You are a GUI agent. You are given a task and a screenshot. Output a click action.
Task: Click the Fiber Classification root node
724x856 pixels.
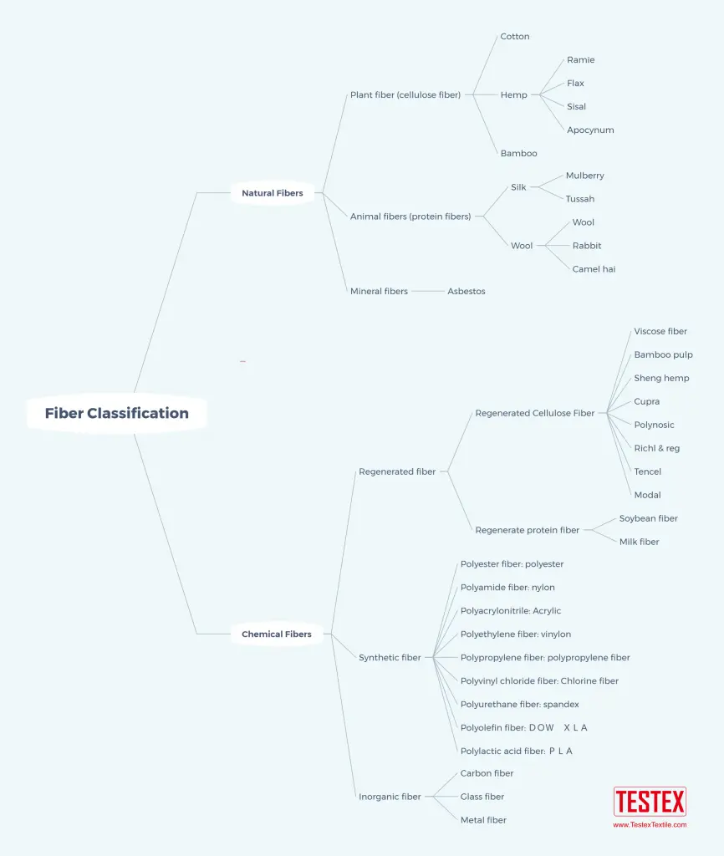point(117,413)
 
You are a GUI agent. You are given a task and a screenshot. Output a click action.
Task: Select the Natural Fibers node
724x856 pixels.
point(273,193)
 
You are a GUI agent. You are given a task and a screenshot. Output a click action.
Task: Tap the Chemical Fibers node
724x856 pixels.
point(277,634)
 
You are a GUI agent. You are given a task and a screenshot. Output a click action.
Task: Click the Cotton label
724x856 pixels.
point(515,37)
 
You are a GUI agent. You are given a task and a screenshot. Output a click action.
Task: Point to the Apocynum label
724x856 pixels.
point(590,130)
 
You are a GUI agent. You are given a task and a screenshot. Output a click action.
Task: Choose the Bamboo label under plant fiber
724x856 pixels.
point(518,154)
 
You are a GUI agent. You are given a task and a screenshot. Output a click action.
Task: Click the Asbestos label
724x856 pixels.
point(467,292)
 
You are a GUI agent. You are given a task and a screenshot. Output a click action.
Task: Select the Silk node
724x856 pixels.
point(518,187)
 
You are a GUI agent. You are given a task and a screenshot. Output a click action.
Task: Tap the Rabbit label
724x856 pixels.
point(587,246)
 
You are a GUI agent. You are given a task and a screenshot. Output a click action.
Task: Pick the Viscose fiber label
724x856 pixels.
point(660,331)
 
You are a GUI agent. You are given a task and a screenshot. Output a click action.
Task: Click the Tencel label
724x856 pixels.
point(648,471)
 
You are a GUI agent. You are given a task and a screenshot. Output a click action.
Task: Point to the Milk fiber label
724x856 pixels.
point(639,542)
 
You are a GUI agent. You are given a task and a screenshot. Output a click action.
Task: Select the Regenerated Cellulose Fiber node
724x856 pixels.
point(534,413)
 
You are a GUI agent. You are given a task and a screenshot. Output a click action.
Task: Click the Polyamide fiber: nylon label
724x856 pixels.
point(507,588)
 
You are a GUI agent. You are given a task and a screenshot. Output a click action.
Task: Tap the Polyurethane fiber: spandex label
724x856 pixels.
point(519,704)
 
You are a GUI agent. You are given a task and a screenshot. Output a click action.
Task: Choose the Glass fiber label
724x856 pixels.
point(482,797)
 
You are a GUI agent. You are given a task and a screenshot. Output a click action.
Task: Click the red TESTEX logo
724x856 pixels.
point(650,802)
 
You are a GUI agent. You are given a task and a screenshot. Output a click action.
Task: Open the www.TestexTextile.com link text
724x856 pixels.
point(650,825)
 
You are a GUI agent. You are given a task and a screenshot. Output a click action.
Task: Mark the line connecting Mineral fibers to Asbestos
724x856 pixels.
point(428,292)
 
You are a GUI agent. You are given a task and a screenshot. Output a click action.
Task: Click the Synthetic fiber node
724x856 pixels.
point(390,658)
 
